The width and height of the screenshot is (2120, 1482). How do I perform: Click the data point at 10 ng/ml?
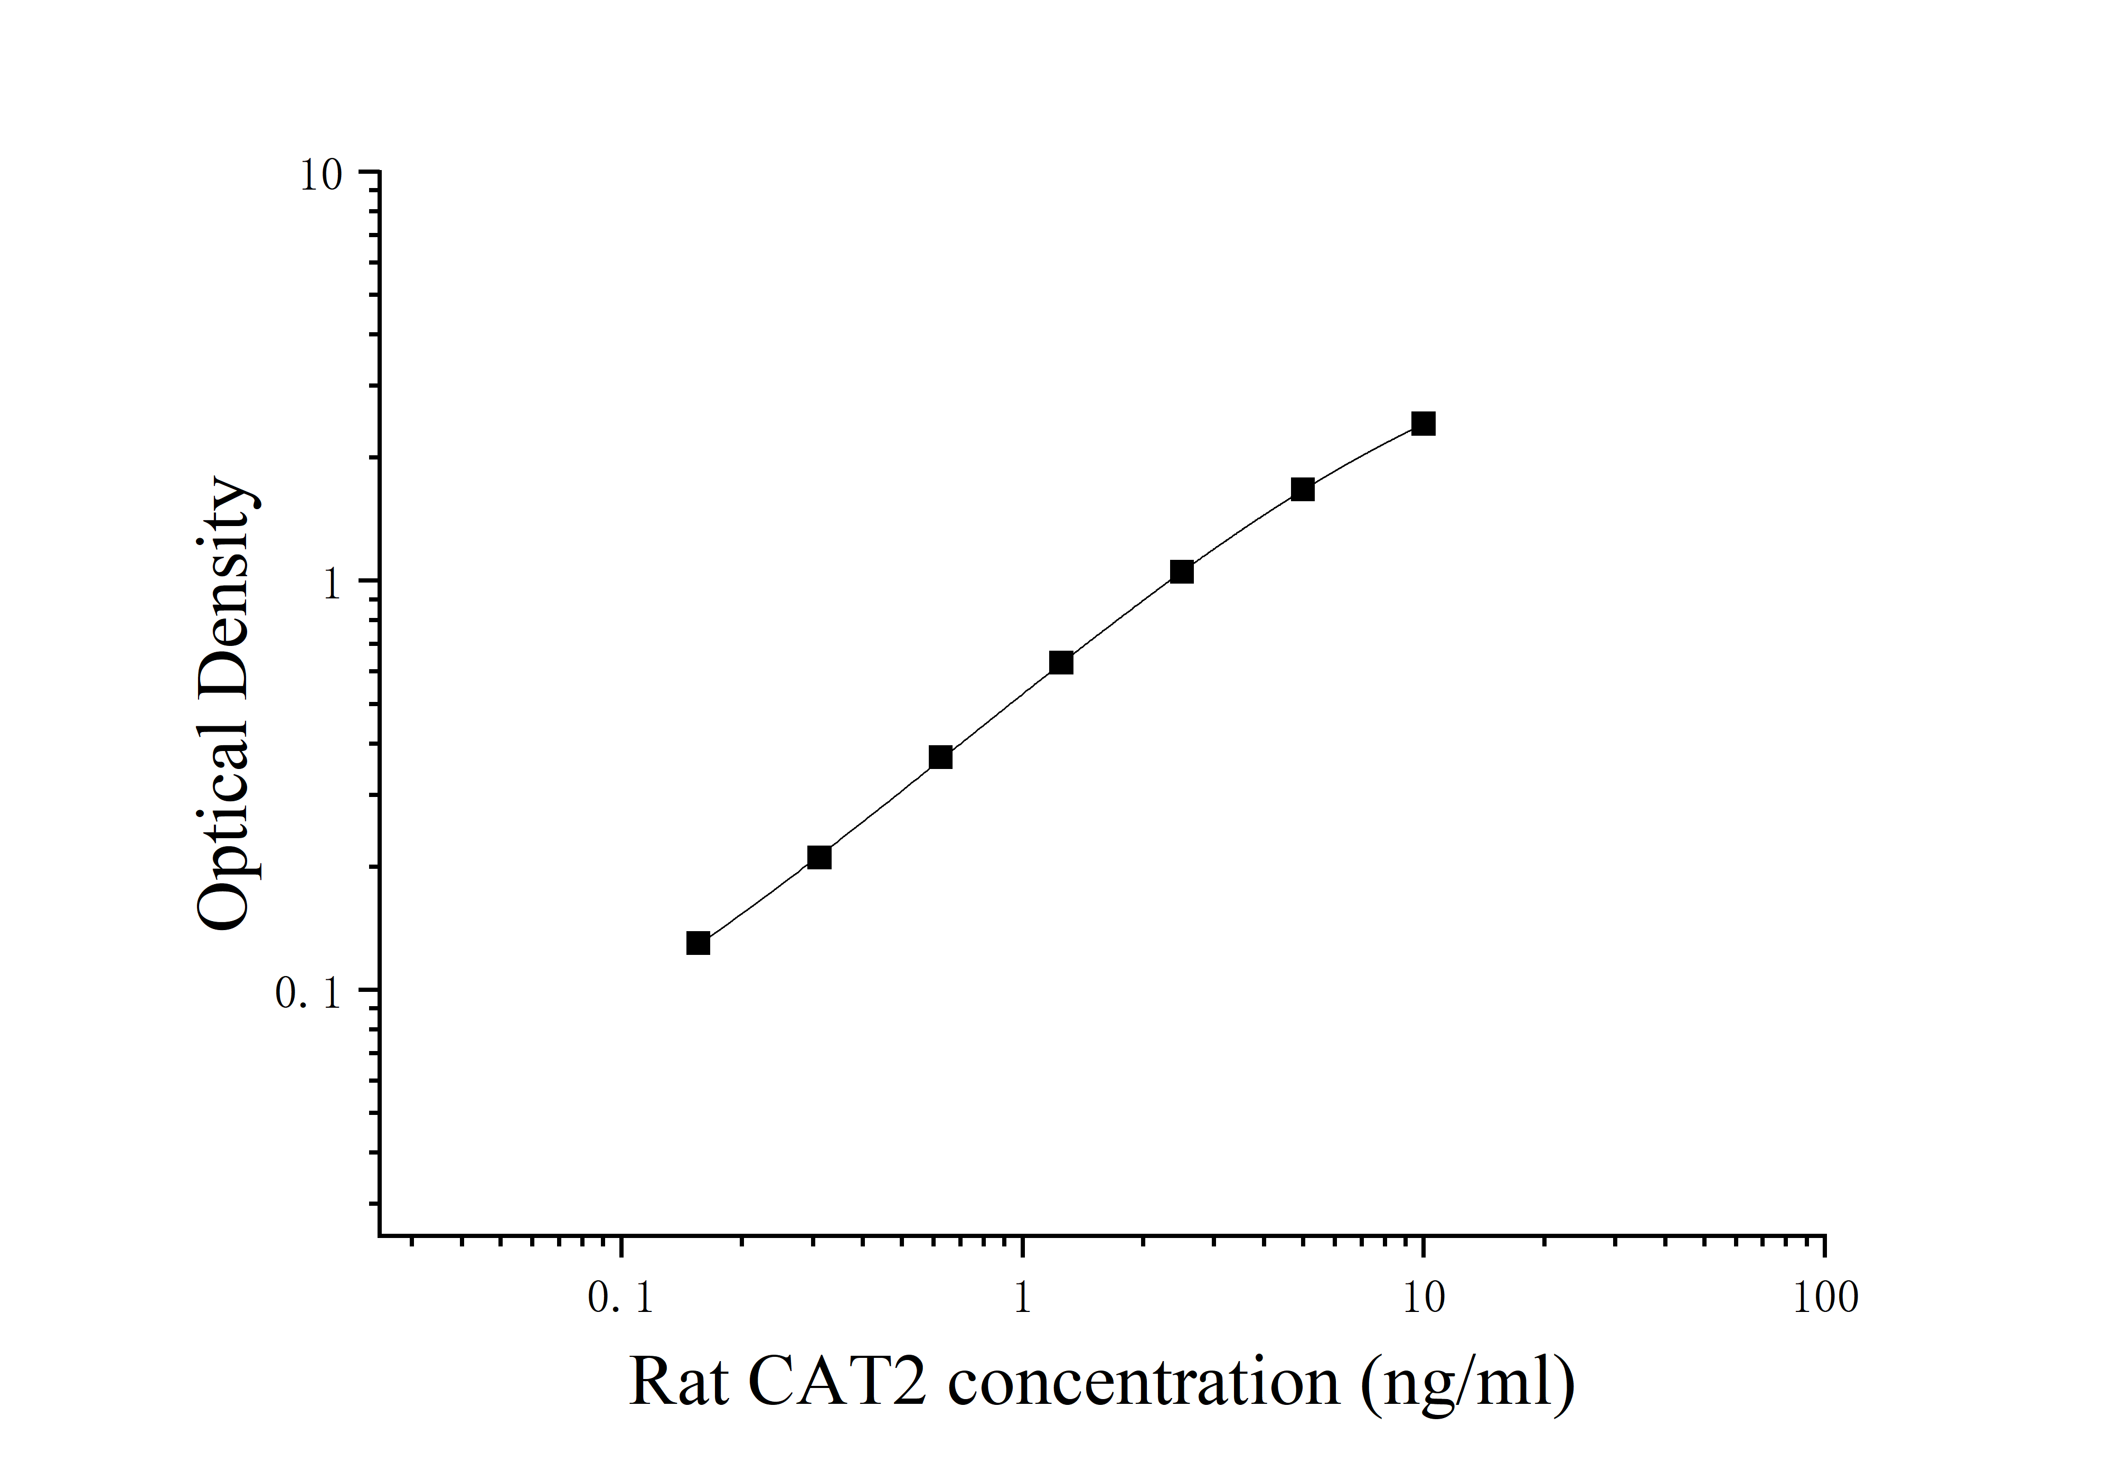[x=1423, y=424]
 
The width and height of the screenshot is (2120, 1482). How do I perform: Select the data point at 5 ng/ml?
[x=1302, y=490]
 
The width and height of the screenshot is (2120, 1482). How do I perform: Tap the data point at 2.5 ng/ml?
[x=1181, y=571]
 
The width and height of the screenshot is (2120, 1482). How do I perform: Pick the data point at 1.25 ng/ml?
[x=1061, y=663]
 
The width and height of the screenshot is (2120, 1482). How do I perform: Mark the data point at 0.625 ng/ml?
[x=940, y=757]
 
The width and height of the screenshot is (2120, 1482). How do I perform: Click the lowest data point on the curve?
[x=698, y=943]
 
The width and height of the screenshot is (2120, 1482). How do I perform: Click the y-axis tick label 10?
[x=321, y=174]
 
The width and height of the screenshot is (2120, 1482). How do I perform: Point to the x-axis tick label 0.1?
[x=620, y=1298]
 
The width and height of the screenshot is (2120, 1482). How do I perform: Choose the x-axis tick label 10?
[x=1423, y=1298]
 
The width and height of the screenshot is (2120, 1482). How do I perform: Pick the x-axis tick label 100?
[x=1824, y=1298]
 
